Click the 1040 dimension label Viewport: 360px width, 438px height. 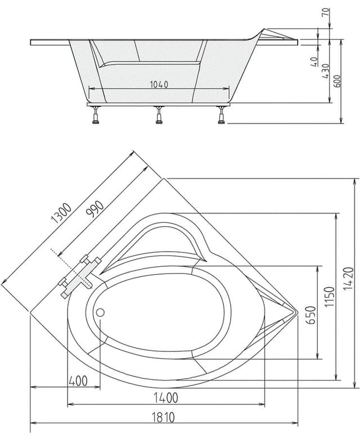[159, 84]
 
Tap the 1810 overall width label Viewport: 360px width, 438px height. [163, 418]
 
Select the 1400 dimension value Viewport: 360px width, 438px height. [166, 398]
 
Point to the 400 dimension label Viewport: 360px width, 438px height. [78, 381]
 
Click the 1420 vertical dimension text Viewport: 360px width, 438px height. [349, 279]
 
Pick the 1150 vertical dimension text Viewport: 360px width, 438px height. [330, 296]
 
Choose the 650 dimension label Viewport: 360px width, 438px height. [310, 315]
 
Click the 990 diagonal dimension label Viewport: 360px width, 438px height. [95, 209]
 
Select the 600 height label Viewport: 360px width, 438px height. [337, 81]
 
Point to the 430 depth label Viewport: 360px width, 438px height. [325, 71]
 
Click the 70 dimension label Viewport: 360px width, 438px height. [326, 12]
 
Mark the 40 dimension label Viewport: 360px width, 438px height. [314, 61]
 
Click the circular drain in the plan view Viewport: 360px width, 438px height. [100, 312]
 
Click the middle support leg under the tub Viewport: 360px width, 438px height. [159, 114]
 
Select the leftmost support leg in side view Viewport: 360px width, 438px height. [96, 115]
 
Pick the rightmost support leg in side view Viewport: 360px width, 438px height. [222, 114]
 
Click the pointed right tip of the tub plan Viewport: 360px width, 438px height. [297, 311]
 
